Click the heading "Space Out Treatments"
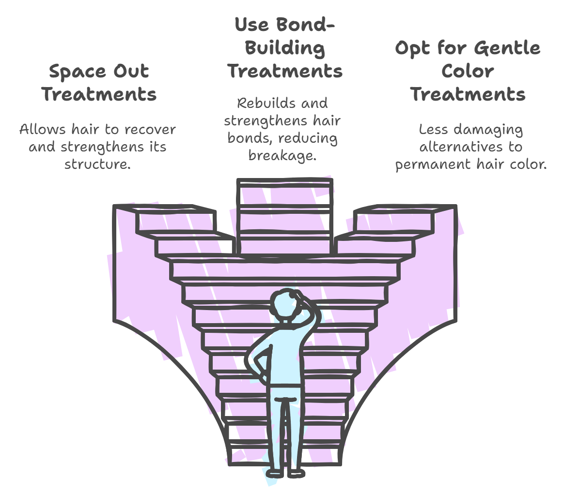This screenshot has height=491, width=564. click(99, 83)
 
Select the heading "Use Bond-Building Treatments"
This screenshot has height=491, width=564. click(285, 48)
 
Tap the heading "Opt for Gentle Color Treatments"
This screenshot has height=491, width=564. click(468, 71)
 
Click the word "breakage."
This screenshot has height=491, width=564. click(282, 155)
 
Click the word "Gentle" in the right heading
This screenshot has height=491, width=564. click(507, 48)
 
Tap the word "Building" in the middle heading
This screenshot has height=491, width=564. click(285, 48)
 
